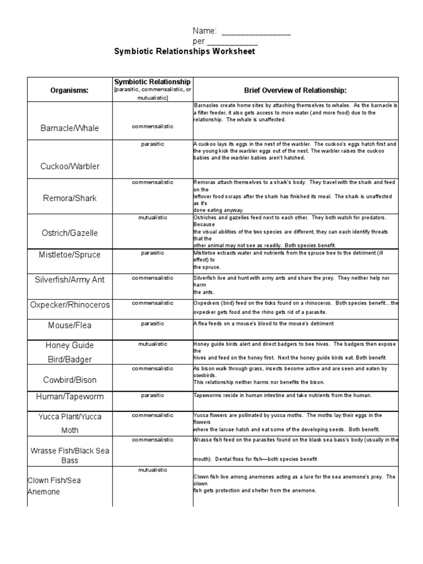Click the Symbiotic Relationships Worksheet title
[x=185, y=52]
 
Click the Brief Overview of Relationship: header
[x=295, y=90]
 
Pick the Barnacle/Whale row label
[x=69, y=128]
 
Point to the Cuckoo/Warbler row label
[x=69, y=166]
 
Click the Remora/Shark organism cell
[x=69, y=198]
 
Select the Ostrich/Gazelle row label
[x=69, y=233]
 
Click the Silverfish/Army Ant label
[x=69, y=280]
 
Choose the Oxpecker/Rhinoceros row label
[x=69, y=305]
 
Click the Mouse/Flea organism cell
[x=69, y=326]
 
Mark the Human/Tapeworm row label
[x=69, y=397]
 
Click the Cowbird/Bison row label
[x=69, y=380]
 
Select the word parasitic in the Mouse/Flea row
[x=152, y=323]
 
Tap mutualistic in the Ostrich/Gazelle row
[x=152, y=218]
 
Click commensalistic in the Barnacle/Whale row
[x=152, y=126]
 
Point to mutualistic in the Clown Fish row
[x=152, y=469]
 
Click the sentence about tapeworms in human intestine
[x=283, y=395]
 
